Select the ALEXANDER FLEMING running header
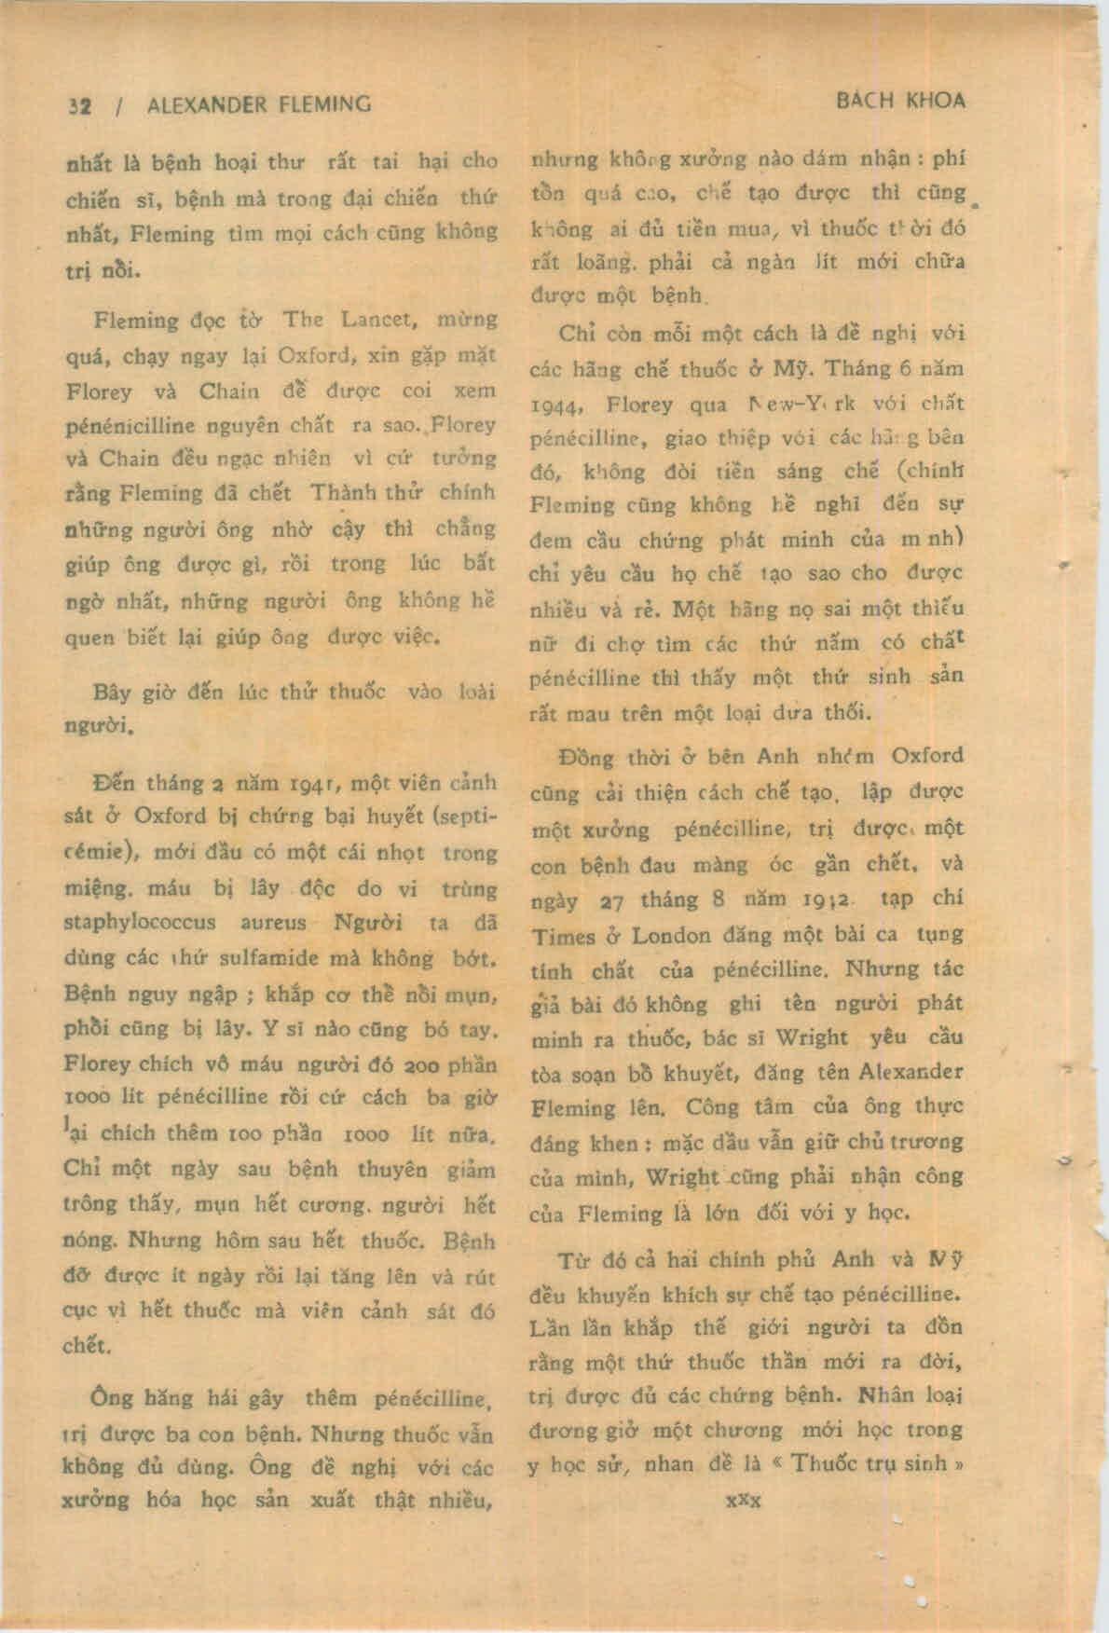click(x=259, y=104)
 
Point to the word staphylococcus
click(x=140, y=923)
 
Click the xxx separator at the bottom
click(x=744, y=1500)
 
